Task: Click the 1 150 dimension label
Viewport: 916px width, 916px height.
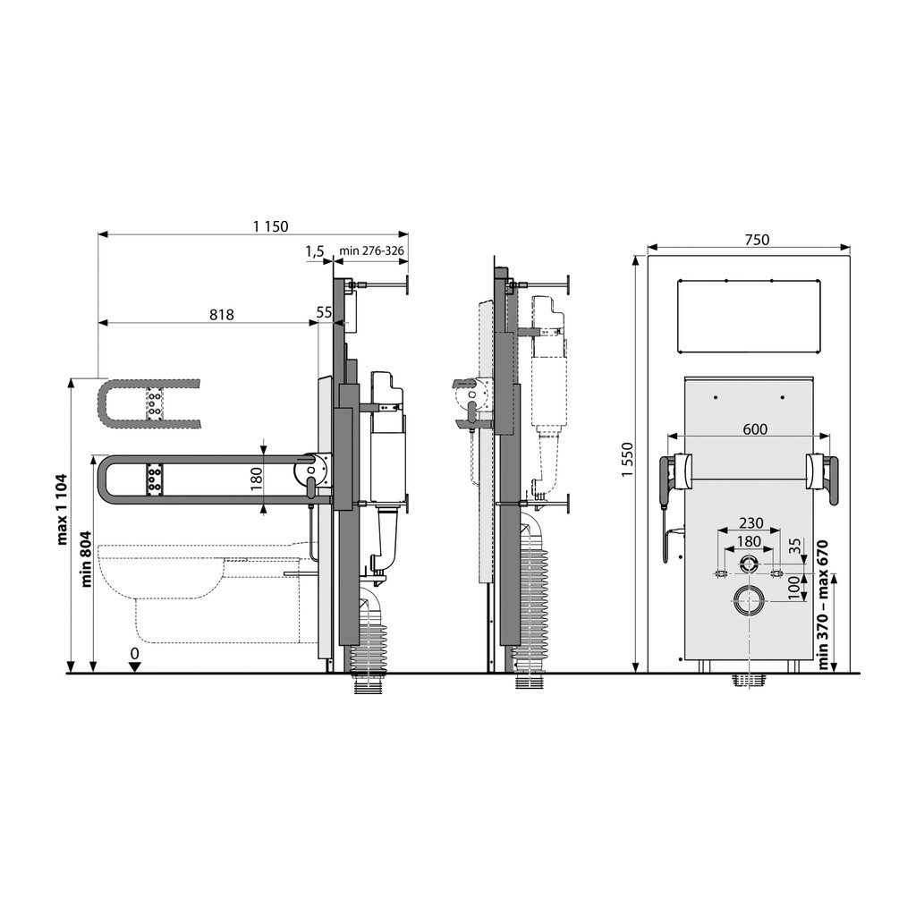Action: [x=270, y=226]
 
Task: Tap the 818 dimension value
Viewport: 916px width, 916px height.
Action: [x=222, y=315]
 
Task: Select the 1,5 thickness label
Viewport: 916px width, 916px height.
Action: [x=314, y=251]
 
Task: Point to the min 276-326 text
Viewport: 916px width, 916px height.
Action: [x=371, y=251]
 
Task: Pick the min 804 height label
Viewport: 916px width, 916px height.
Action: [x=87, y=558]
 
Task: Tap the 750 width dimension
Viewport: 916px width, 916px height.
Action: [x=757, y=240]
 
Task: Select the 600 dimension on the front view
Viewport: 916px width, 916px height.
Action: [x=755, y=429]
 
